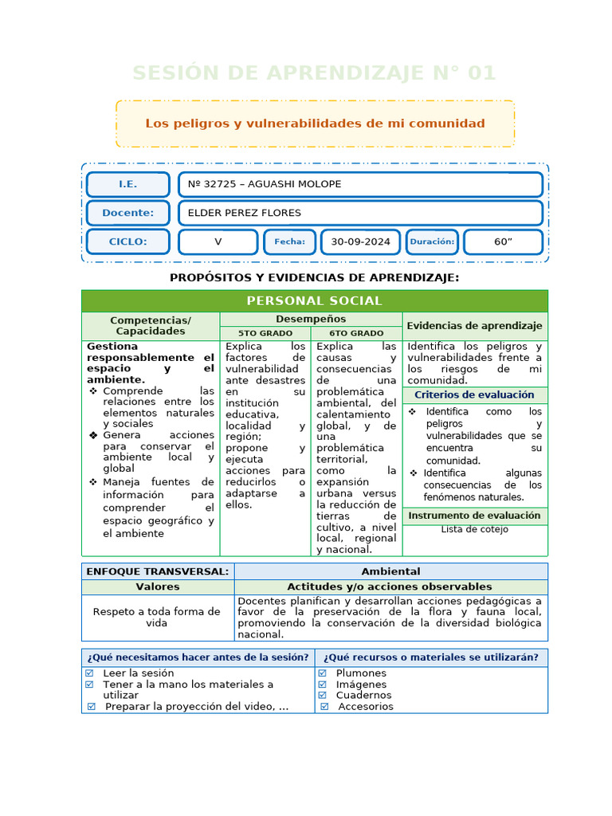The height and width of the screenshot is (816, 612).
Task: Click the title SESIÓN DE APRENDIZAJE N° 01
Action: coord(314,73)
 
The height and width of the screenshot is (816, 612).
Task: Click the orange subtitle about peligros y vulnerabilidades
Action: coord(315,124)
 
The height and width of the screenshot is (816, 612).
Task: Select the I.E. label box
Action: coord(127,184)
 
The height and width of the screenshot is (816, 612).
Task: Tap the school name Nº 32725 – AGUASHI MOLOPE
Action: coord(359,184)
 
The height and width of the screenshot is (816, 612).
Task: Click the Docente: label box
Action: coord(127,213)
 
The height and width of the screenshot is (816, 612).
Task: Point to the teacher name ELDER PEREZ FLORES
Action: coord(359,213)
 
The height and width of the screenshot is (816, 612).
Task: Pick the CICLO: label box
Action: coord(127,241)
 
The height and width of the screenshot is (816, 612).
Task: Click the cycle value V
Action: coord(218,241)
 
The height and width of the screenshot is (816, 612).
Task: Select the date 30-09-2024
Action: coord(360,241)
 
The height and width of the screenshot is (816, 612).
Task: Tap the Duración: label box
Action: coord(431,241)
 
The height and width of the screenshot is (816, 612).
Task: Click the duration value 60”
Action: coord(503,241)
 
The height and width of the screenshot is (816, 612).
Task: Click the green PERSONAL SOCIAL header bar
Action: coord(314,300)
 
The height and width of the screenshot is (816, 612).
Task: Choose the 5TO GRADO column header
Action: coord(265,333)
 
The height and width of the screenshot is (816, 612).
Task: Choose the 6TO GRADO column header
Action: coord(356,333)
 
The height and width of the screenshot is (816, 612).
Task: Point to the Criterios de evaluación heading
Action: coord(474,395)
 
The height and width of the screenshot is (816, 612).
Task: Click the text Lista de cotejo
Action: coord(474,529)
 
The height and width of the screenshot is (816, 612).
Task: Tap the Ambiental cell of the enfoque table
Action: coord(390,571)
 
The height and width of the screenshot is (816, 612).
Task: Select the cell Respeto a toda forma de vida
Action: coord(157,618)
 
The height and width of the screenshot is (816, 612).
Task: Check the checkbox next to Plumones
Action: coord(323,673)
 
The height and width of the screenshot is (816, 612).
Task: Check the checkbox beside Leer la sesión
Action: coord(89,673)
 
